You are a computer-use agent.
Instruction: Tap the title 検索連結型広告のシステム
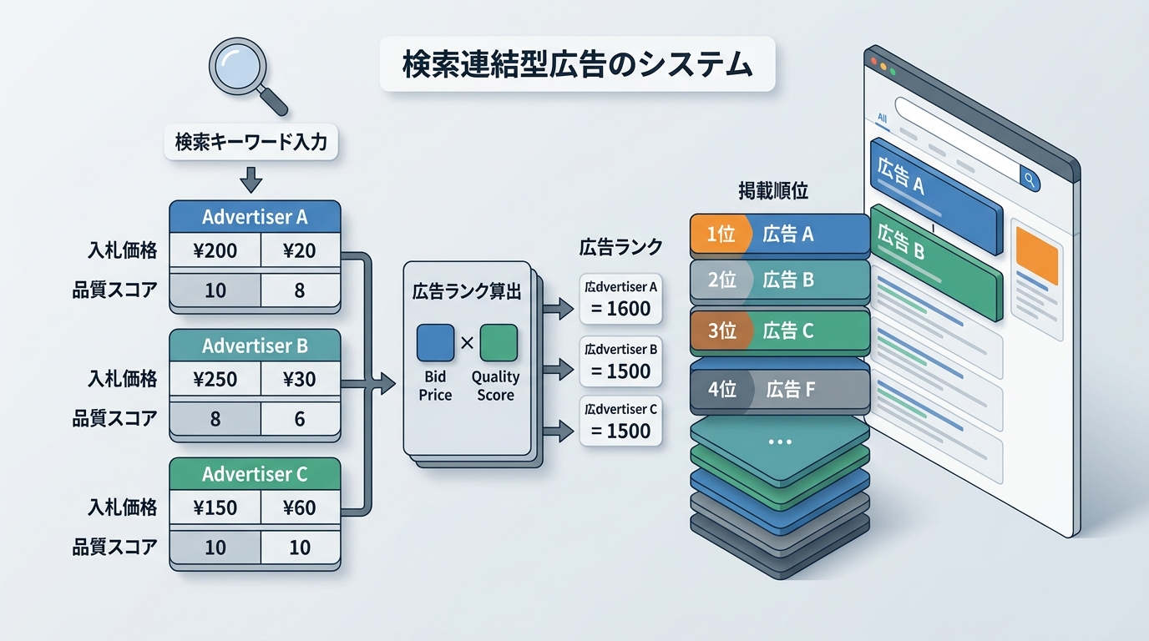tap(577, 63)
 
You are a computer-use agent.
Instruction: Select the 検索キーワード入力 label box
tap(251, 142)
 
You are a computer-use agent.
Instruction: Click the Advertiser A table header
tap(255, 217)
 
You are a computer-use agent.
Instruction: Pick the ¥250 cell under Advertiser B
tap(215, 379)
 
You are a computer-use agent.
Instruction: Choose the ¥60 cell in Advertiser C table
tap(300, 507)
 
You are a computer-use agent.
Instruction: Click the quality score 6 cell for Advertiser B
tap(300, 419)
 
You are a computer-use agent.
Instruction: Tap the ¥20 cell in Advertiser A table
tap(300, 250)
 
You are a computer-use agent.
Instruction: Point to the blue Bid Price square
tap(435, 343)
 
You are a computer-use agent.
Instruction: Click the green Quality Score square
tap(498, 343)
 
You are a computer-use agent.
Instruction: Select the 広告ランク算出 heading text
tap(467, 291)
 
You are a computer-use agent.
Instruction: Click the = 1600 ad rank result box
tap(620, 299)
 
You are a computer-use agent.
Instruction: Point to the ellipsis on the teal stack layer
tap(779, 442)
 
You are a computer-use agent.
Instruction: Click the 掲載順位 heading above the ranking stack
tap(773, 191)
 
